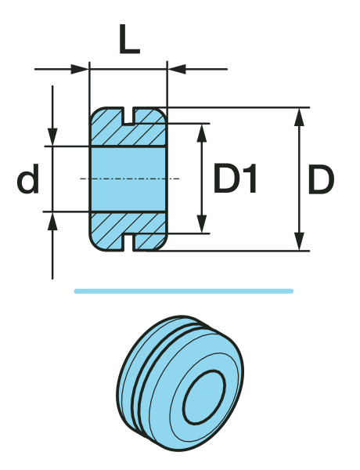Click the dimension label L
click(129, 40)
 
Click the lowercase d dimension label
click(28, 179)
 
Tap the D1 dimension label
click(235, 178)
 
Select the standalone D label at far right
click(321, 179)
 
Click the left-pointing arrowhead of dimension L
click(177, 69)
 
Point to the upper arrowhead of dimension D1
click(202, 133)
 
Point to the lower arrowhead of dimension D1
click(202, 223)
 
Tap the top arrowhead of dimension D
click(299, 117)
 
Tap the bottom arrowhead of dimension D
click(299, 241)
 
